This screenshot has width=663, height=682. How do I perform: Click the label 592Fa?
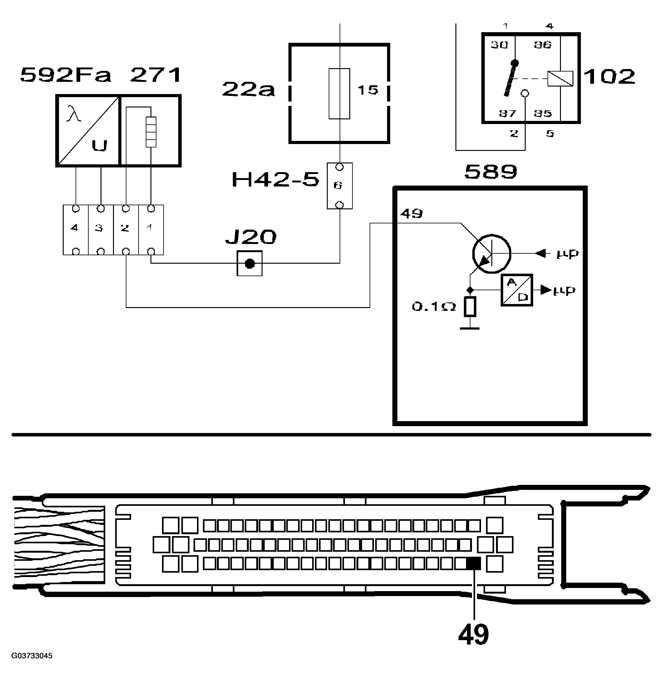(66, 75)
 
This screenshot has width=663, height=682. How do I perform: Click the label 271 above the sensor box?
(156, 75)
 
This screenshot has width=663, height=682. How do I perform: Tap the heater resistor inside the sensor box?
(151, 132)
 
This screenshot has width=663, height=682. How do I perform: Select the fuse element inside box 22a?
(339, 93)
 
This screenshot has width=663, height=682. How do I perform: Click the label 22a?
(248, 90)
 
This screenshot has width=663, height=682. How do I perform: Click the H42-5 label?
(275, 180)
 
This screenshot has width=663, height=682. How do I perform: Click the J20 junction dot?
(249, 264)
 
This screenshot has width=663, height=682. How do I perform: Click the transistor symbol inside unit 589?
(491, 253)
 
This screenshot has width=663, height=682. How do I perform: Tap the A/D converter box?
(516, 290)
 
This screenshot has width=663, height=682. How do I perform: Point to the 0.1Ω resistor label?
(434, 307)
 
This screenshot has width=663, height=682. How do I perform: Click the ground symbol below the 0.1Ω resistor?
(470, 328)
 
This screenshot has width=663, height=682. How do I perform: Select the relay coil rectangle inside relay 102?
(560, 78)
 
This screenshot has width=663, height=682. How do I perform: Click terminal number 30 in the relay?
(499, 45)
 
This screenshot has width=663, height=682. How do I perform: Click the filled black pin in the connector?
(473, 563)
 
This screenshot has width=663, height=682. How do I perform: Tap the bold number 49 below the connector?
(473, 635)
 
